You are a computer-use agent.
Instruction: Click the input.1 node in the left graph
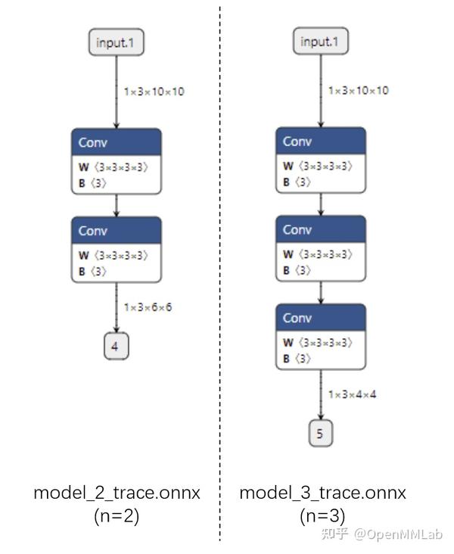click(116, 42)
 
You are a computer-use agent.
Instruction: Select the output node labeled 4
click(116, 347)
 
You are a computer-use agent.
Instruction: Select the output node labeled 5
click(321, 434)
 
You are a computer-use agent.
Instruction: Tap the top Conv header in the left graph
click(117, 142)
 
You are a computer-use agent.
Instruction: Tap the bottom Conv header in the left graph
click(117, 230)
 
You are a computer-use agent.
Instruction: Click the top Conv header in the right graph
click(321, 142)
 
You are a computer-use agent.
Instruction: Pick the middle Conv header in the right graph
click(321, 229)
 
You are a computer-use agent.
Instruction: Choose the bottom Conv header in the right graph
click(321, 317)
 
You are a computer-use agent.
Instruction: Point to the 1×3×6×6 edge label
click(148, 307)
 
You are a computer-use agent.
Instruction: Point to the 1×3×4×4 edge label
click(353, 394)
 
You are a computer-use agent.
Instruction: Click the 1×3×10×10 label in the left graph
click(154, 92)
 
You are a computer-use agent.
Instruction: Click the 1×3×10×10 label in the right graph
click(359, 91)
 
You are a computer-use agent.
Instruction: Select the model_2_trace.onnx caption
click(117, 493)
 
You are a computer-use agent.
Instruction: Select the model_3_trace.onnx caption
click(323, 493)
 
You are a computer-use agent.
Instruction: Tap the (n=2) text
click(117, 516)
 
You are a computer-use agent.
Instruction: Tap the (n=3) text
click(323, 516)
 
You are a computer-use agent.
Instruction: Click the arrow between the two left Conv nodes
click(117, 205)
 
